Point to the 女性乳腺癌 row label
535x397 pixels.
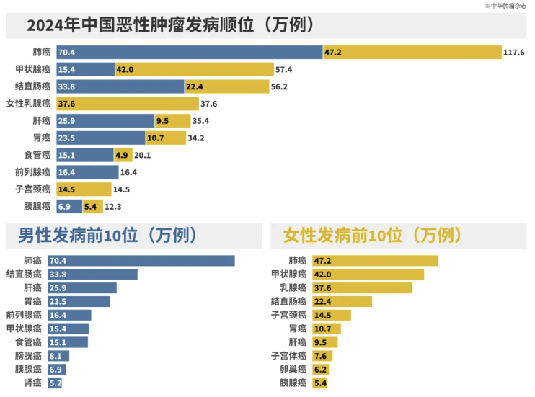pyautogui.click(x=28, y=104)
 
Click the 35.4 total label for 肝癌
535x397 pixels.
pyautogui.click(x=200, y=121)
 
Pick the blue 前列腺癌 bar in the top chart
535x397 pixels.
pyautogui.click(x=87, y=172)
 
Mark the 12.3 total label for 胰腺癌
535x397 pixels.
pyautogui.click(x=114, y=206)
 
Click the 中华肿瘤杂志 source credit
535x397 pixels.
pyautogui.click(x=506, y=5)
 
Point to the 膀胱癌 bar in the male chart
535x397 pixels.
pyautogui.click(x=58, y=355)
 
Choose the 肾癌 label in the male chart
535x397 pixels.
pyautogui.click(x=32, y=383)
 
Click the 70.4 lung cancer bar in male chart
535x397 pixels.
pyautogui.click(x=141, y=260)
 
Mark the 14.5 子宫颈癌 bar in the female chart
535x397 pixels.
pyautogui.click(x=330, y=315)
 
